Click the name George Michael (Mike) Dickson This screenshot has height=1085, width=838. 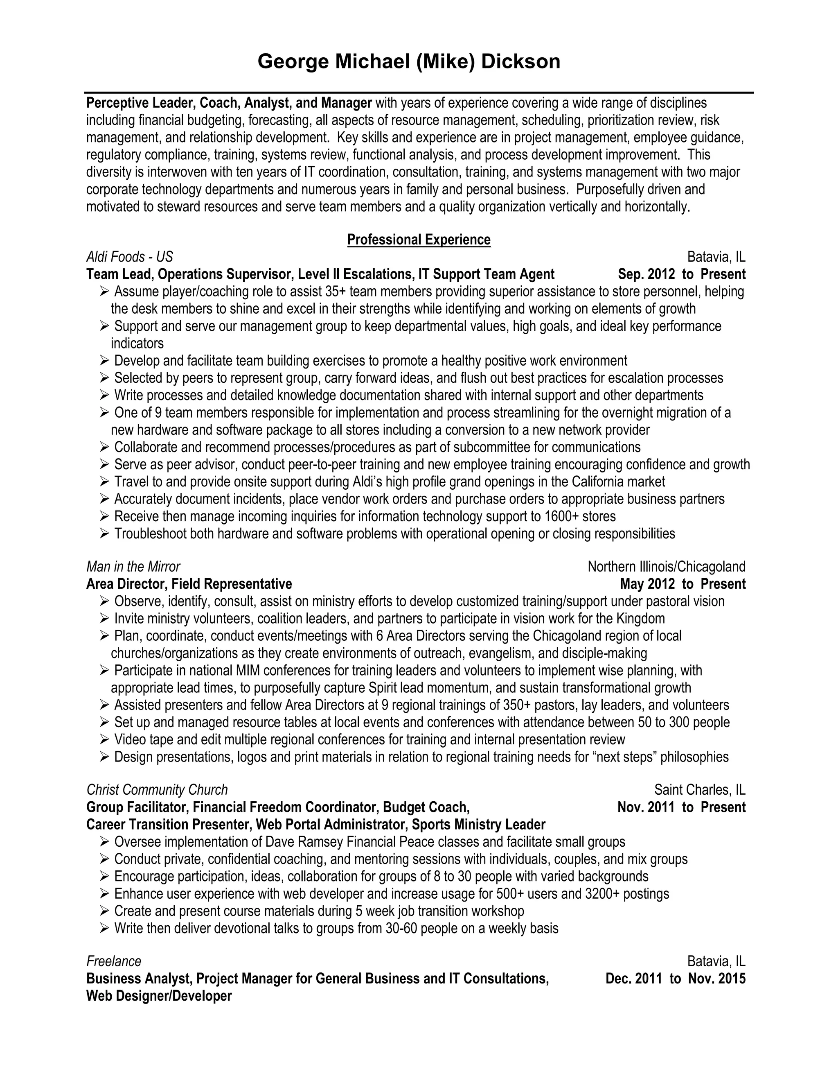click(x=409, y=61)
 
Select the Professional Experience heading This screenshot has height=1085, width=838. click(x=419, y=240)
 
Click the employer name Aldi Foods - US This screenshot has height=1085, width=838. click(x=130, y=257)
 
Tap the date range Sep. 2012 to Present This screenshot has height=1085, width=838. click(x=682, y=274)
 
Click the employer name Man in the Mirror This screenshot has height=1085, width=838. click(x=133, y=566)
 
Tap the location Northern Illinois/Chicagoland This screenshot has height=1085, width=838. click(x=666, y=566)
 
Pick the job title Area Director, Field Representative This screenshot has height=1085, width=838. click(x=189, y=584)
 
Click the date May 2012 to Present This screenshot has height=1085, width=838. click(x=683, y=584)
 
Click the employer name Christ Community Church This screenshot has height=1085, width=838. click(x=157, y=790)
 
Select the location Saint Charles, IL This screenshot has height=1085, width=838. click(x=699, y=790)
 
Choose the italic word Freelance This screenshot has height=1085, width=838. click(x=114, y=961)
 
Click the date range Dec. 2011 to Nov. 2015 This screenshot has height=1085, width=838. click(x=675, y=979)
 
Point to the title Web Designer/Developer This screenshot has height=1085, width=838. click(x=159, y=996)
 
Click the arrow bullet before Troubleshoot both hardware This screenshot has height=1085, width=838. click(x=104, y=533)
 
